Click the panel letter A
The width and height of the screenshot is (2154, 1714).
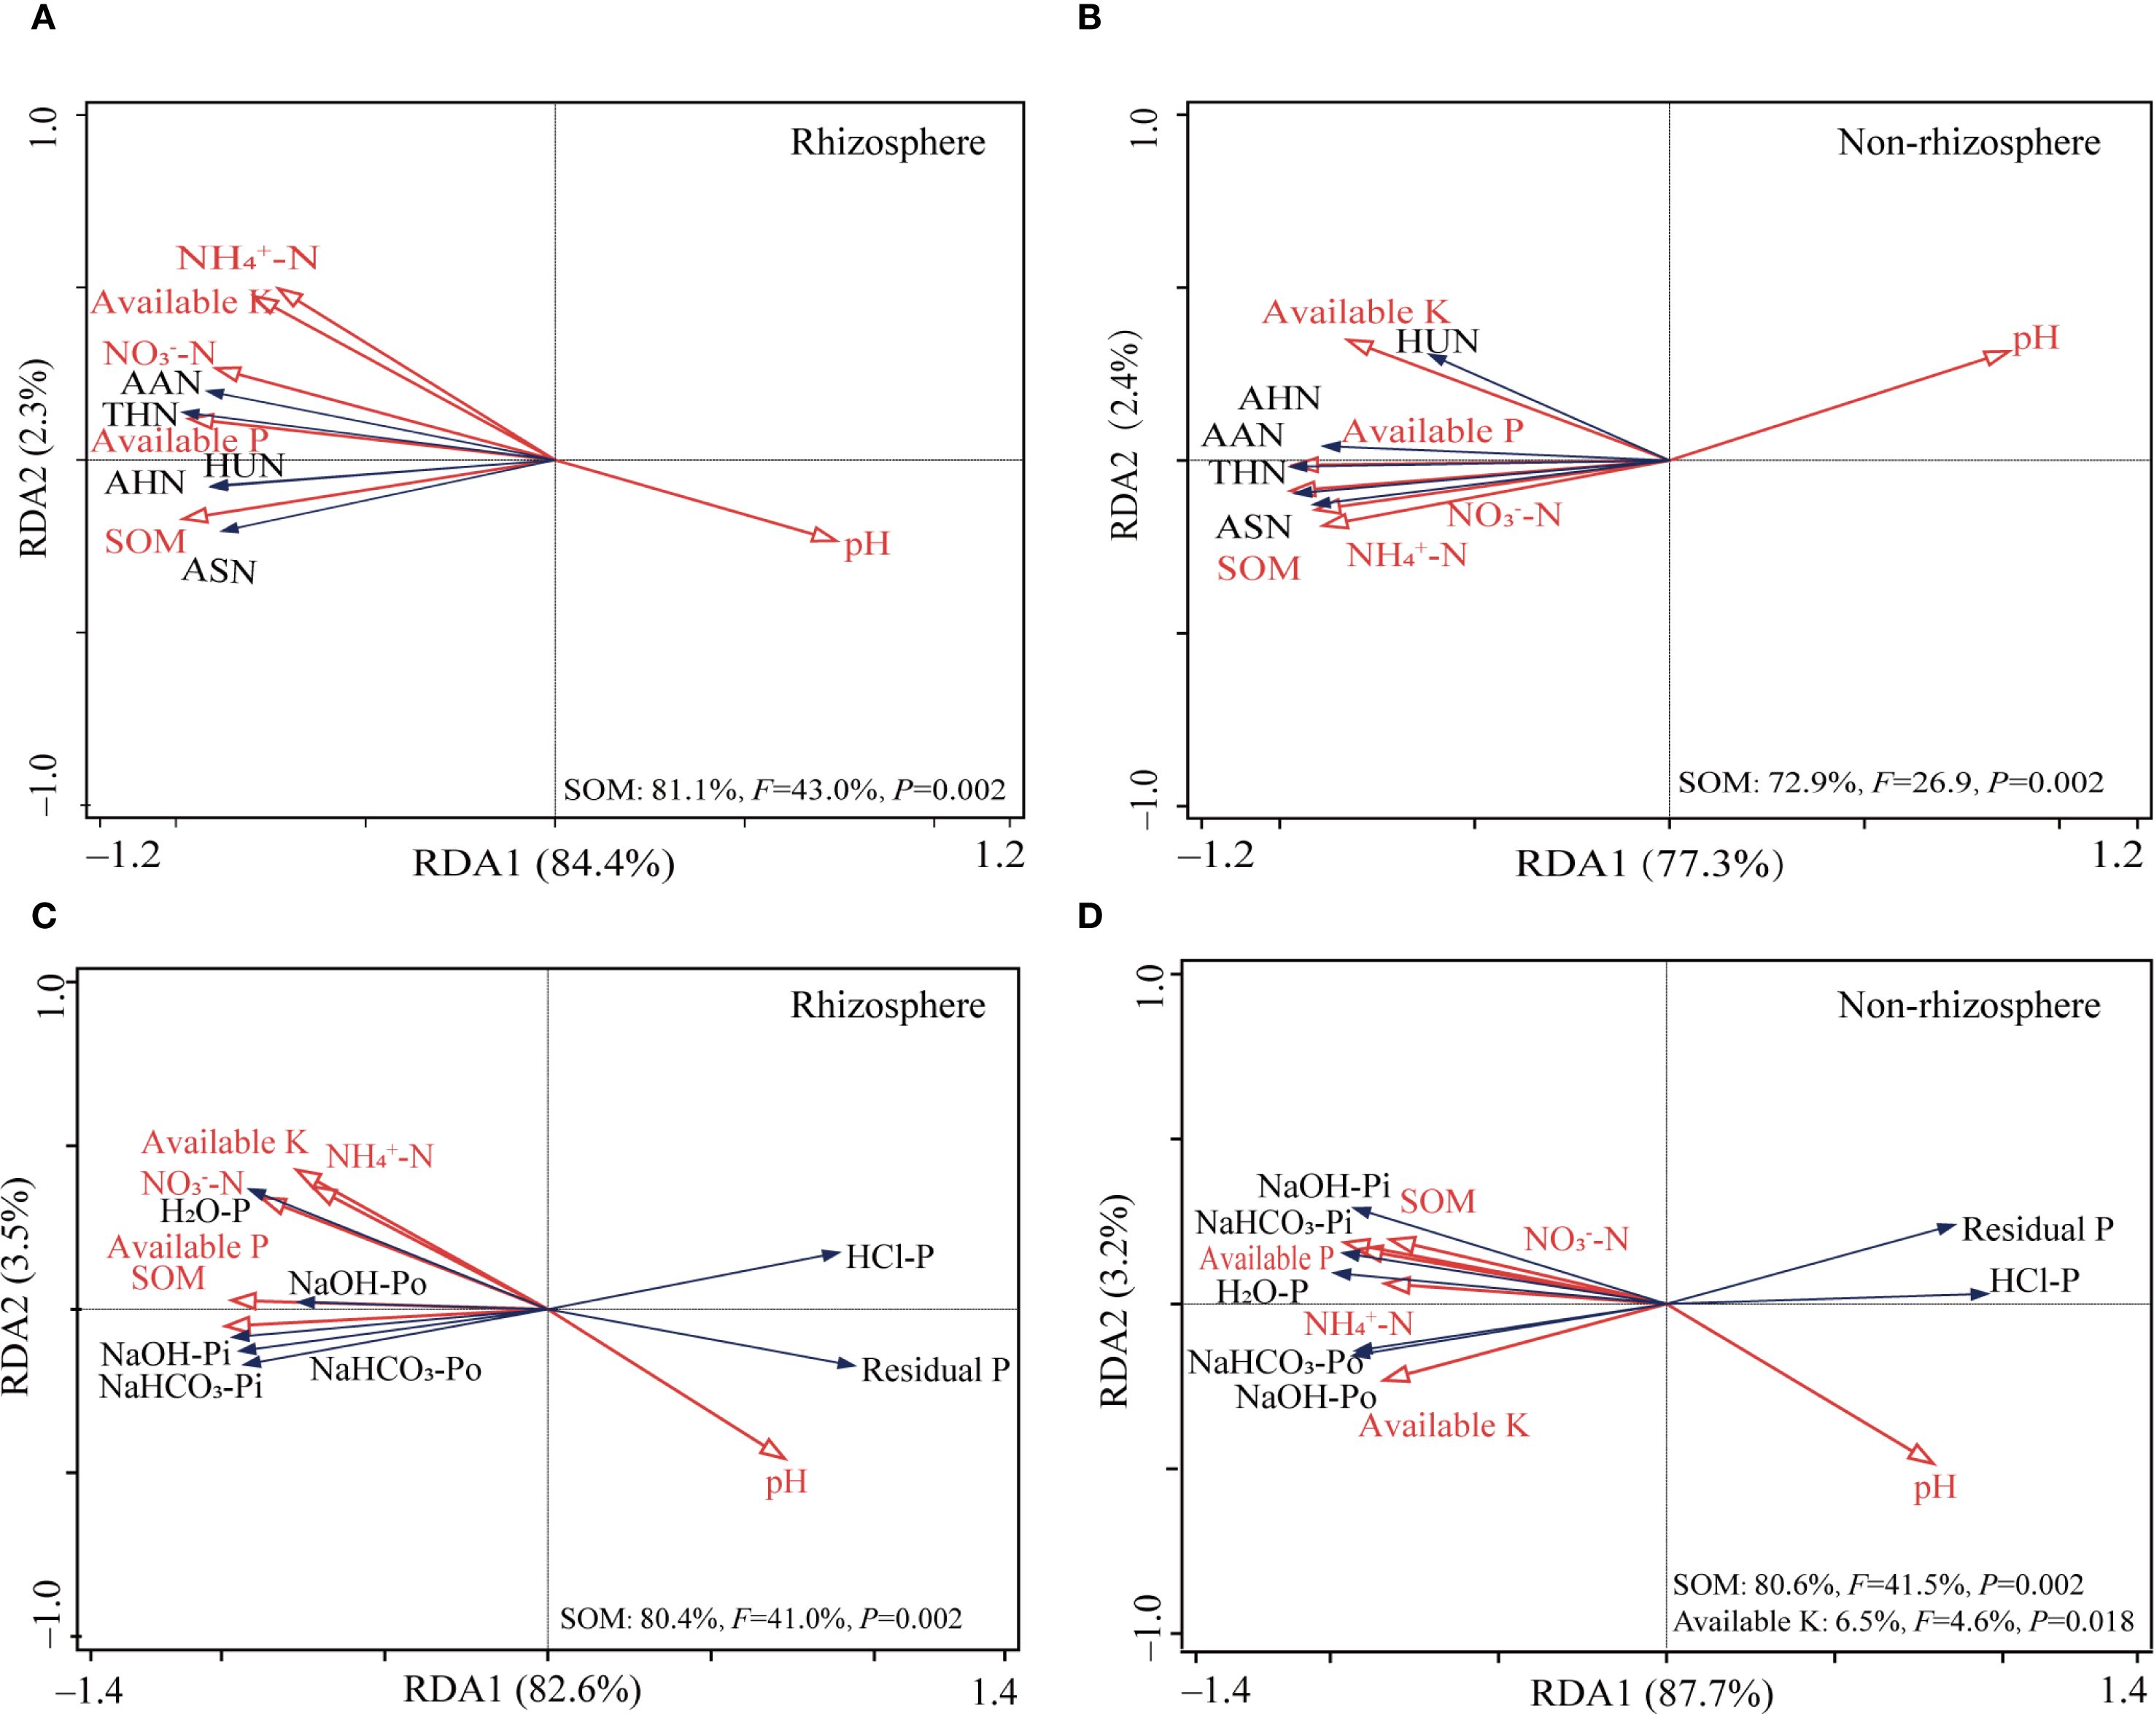click(x=42, y=19)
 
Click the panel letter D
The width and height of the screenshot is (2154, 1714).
click(x=1090, y=916)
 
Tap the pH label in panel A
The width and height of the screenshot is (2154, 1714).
click(x=867, y=545)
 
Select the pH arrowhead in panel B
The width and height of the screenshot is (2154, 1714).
click(x=1997, y=357)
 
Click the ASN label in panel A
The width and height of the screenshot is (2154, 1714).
click(x=219, y=572)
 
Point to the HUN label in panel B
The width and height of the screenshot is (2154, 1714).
click(x=1437, y=342)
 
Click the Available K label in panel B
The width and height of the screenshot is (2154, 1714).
click(x=1355, y=313)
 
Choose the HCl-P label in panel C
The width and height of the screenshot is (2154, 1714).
click(x=889, y=1257)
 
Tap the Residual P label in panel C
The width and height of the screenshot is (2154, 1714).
click(x=935, y=1371)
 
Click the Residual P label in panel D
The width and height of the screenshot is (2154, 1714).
click(x=2037, y=1230)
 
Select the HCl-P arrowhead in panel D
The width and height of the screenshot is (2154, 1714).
click(x=1979, y=1293)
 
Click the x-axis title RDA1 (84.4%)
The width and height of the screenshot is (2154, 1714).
click(x=543, y=864)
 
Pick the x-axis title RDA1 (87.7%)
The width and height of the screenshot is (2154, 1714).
click(x=1651, y=1694)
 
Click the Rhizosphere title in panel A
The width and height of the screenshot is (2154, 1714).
click(x=887, y=143)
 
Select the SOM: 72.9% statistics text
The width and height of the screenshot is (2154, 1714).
click(x=1890, y=782)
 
